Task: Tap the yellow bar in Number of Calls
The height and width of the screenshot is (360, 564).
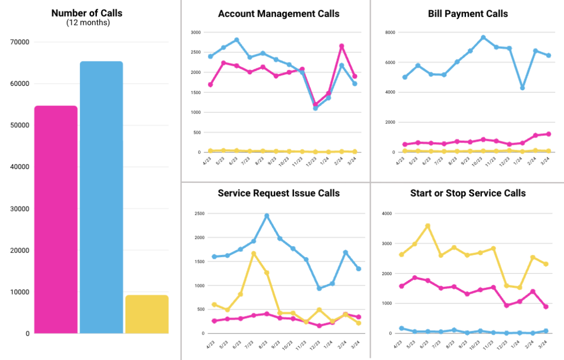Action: [147, 314]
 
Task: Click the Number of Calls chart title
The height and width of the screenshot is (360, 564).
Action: [86, 13]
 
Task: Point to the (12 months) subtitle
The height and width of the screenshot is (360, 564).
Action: [86, 23]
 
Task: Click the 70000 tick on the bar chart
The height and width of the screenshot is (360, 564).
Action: [20, 42]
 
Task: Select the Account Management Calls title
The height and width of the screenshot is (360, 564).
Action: [279, 13]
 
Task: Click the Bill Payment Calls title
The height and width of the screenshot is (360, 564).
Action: [468, 13]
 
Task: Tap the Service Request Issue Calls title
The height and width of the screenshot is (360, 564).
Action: [279, 193]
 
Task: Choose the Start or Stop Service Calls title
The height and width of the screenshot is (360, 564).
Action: [468, 193]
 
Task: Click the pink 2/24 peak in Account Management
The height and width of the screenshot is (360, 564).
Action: [341, 46]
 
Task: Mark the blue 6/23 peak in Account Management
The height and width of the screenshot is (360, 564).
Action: [237, 40]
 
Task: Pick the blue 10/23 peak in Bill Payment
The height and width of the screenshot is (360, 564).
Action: [483, 37]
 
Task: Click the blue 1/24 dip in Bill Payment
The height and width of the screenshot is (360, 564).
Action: [522, 88]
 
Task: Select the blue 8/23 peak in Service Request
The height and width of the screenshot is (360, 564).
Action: [267, 216]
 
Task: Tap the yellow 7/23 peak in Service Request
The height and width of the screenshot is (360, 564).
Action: [253, 254]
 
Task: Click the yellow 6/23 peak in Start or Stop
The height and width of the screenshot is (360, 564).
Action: [427, 226]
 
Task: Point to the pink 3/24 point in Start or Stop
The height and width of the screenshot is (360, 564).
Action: [545, 307]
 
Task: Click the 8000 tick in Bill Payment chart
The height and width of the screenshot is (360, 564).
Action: [390, 32]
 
